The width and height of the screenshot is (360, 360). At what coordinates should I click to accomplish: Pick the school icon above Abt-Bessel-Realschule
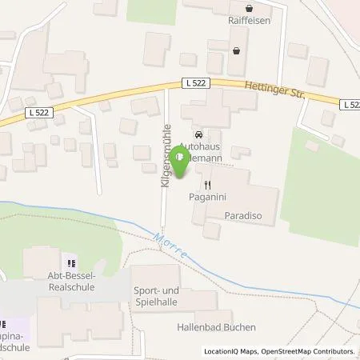point(70,262)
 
